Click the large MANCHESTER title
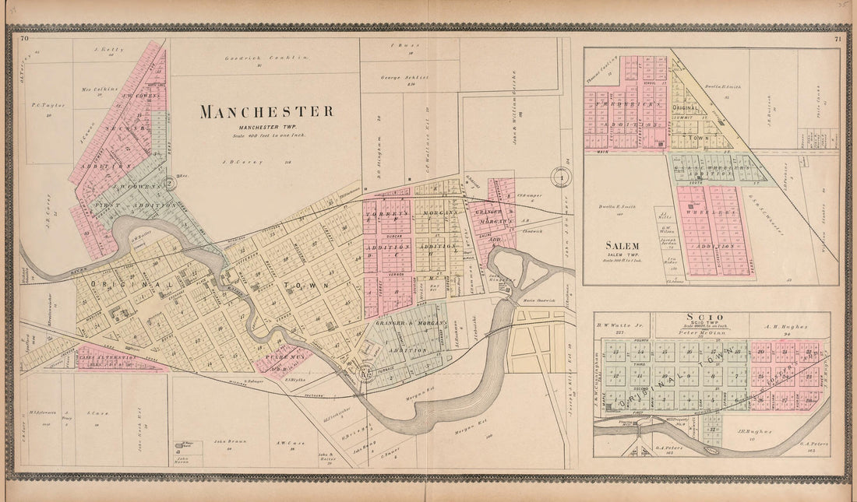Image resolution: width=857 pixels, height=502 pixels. pyautogui.click(x=266, y=111)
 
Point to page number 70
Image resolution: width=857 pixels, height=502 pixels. pyautogui.click(x=24, y=38)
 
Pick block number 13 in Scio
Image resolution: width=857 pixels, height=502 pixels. pyautogui.click(x=615, y=353)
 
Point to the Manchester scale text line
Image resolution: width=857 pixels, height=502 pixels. pyautogui.click(x=266, y=136)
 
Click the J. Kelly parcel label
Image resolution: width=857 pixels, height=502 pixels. pyautogui.click(x=104, y=49)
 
